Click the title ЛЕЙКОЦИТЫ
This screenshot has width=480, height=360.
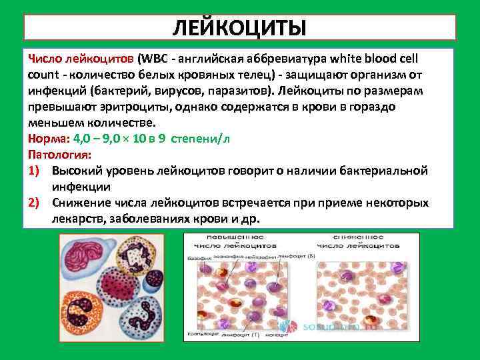[239, 27]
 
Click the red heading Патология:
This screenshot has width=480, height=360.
[56, 155]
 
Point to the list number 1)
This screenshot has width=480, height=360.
[36, 171]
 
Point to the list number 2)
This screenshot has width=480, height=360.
[36, 203]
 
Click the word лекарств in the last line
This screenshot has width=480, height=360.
[73, 219]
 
